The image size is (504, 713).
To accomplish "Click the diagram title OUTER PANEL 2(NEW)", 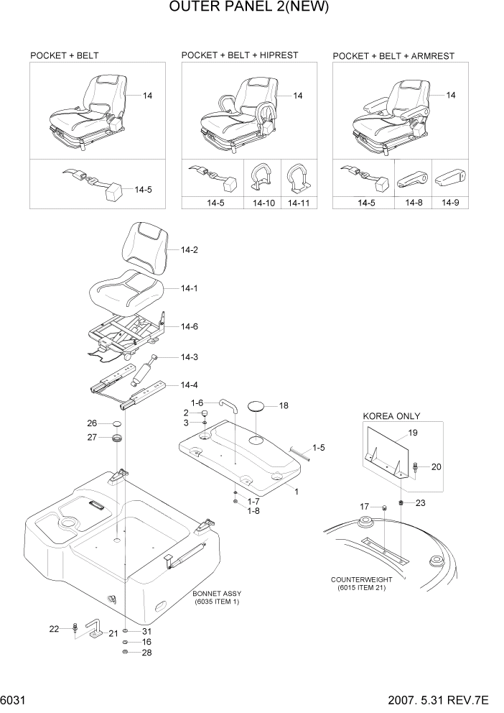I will pos(251,9).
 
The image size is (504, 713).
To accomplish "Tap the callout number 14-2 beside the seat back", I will pos(189,250).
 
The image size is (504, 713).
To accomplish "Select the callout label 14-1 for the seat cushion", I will pos(189,288).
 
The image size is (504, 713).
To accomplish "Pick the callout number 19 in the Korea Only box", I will pos(412,433).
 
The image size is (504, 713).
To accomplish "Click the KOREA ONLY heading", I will pos(391,416).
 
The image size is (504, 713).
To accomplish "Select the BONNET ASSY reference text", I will pos(216,597).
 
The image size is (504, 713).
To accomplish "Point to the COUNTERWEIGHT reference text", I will pos(360,583).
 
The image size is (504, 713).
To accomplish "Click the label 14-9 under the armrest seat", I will pos(450,203).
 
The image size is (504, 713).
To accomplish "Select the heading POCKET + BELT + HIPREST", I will pos(239,55).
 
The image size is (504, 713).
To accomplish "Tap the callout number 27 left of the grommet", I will pos(92,436).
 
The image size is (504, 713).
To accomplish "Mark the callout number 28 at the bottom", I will pos(146,653).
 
